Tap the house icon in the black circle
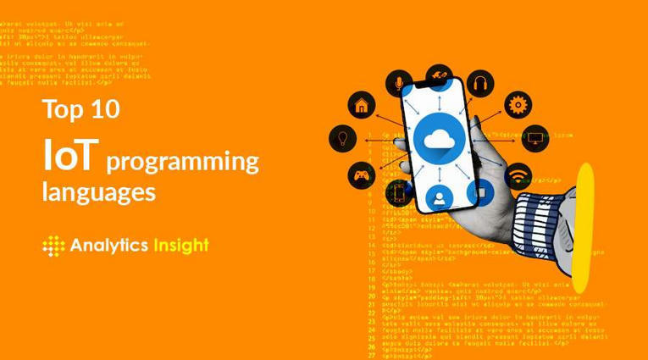(x=362, y=106)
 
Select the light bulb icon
(x=343, y=137)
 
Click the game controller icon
(x=362, y=176)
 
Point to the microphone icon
(x=398, y=83)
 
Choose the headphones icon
(x=479, y=83)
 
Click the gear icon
(x=517, y=105)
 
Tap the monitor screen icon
(x=534, y=137)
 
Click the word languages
(x=98, y=192)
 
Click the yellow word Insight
(x=180, y=246)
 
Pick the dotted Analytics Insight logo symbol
(x=53, y=246)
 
